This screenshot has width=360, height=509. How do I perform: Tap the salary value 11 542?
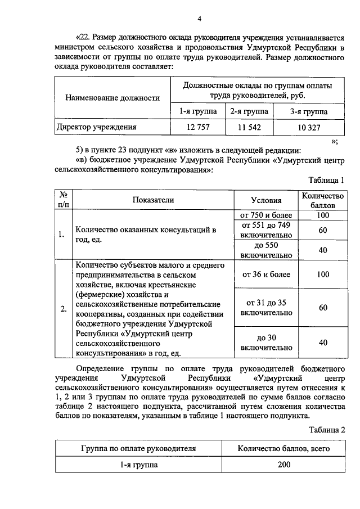point(249,127)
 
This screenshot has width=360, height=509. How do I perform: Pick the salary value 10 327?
point(309,127)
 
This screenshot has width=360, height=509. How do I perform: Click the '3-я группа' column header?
point(309,111)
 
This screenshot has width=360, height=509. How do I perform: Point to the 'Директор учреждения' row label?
point(96,127)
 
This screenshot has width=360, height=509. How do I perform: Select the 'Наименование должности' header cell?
point(112,97)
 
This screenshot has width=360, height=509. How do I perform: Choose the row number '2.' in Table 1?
point(64,308)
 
